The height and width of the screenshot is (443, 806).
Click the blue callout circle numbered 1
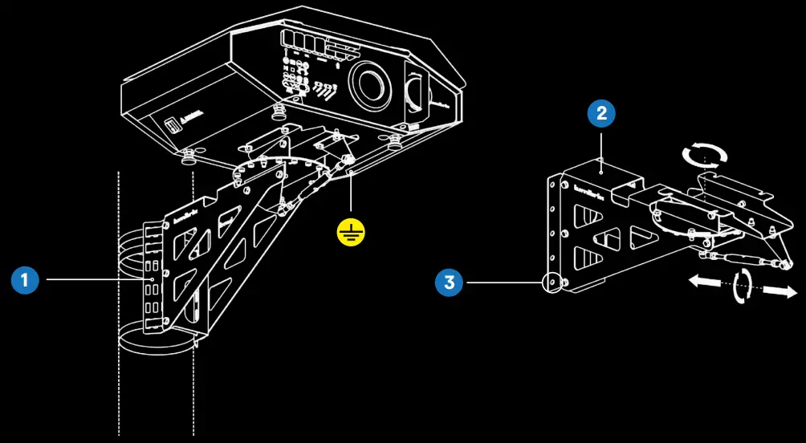[x=25, y=280]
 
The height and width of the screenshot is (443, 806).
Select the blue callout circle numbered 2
[x=601, y=114]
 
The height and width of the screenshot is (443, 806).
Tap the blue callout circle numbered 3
[x=450, y=282]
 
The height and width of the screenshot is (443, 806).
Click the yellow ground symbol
[x=351, y=233]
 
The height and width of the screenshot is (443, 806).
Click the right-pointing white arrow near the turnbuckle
[x=775, y=291]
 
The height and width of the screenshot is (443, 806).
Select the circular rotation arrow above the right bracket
[x=703, y=153]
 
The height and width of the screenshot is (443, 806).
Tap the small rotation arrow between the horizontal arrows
[x=743, y=285]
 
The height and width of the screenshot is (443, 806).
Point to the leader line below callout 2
[x=601, y=149]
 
